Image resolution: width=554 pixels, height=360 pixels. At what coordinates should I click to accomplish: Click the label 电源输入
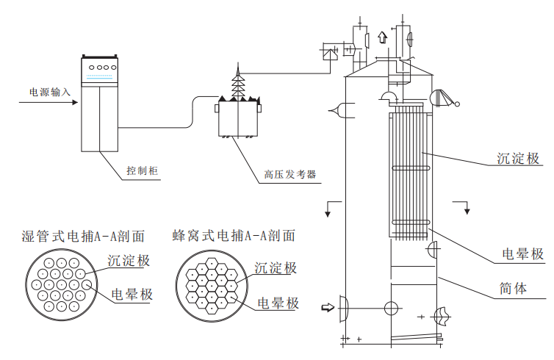coord(49,92)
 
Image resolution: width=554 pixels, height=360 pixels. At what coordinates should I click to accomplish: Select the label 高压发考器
coord(289,175)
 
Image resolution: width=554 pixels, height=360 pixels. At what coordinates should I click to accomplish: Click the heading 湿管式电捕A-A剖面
coord(83,237)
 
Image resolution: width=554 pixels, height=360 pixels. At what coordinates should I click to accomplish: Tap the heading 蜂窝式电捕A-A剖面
coord(234,236)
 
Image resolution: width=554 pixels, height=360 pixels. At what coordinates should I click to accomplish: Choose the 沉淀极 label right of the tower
coord(518,158)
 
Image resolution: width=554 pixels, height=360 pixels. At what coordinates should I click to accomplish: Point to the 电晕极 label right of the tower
coord(522,254)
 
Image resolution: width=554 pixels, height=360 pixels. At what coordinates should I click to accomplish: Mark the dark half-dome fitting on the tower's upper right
coord(439,98)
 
